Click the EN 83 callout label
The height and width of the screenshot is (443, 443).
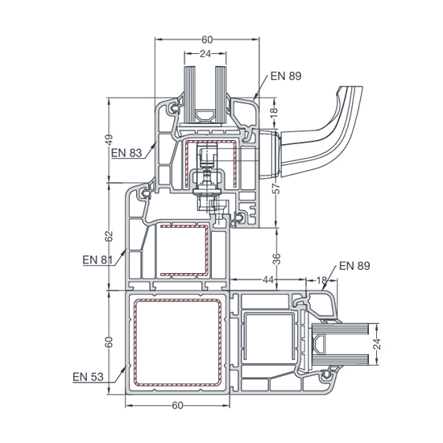[126, 153]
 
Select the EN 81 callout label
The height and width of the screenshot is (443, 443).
[97, 259]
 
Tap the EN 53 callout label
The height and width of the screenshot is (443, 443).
[88, 377]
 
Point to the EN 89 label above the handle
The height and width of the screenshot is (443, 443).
[286, 76]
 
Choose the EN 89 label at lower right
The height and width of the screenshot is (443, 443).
[354, 266]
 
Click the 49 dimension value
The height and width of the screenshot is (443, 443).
[109, 140]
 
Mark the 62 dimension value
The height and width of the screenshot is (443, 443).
[109, 236]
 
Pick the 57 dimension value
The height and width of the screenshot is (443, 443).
[277, 188]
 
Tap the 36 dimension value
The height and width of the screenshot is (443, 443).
[277, 259]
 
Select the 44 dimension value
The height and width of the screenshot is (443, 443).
[268, 279]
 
